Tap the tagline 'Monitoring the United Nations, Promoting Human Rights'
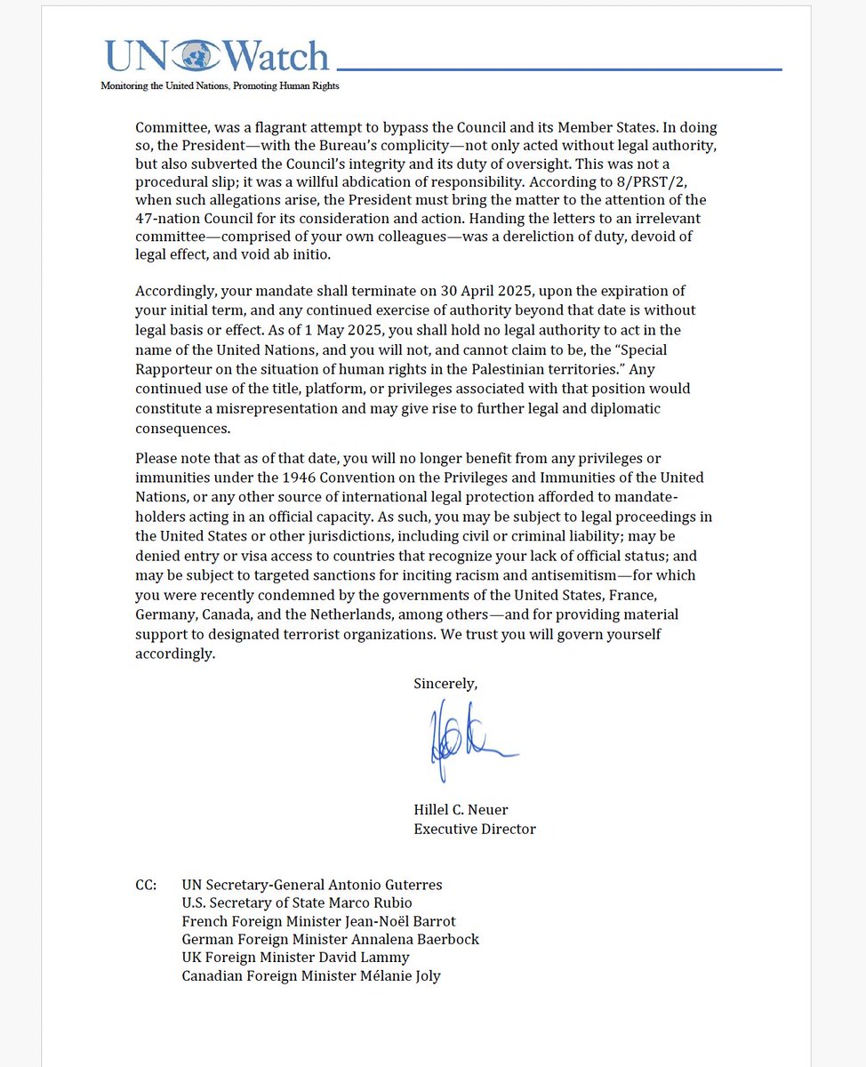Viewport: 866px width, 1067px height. coord(220,86)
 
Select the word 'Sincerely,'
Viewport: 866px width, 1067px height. coord(445,684)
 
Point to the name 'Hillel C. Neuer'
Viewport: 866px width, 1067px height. coord(461,810)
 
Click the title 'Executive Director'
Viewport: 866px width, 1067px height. coord(475,829)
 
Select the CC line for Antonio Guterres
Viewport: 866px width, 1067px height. coord(311,885)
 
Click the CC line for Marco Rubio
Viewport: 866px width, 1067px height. coord(297,903)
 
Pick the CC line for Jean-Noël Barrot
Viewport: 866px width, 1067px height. coord(318,921)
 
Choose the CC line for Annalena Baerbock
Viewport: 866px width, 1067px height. coord(330,939)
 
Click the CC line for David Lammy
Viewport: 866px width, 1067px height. coord(295,958)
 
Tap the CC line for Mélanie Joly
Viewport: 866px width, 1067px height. coord(310,975)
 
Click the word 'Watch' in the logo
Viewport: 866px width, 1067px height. coord(277,56)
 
